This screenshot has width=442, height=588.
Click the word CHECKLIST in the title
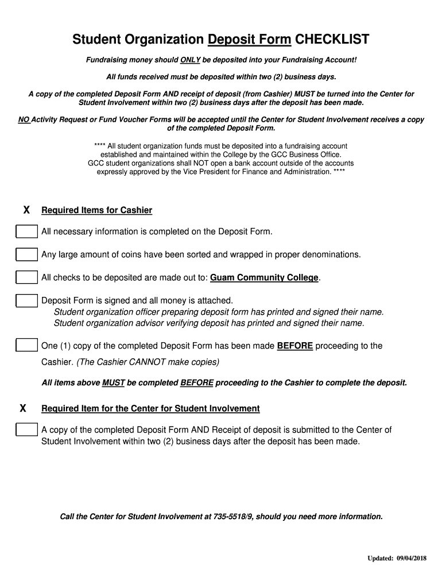332,40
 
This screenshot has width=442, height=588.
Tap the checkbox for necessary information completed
26,231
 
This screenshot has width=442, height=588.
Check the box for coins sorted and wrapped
26,254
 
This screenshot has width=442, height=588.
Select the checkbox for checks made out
26,277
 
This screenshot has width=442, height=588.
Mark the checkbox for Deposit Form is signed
26,300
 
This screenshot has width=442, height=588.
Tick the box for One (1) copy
26,346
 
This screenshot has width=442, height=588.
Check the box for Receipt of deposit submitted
26,430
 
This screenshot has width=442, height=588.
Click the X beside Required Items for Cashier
26,210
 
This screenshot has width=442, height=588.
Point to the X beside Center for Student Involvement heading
23,408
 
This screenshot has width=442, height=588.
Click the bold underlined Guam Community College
264,278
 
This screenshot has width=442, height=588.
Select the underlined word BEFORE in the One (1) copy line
295,346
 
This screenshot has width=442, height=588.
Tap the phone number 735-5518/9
229,517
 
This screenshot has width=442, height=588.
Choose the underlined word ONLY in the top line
190,60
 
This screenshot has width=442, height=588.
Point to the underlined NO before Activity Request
24,119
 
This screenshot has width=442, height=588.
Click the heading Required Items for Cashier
96,210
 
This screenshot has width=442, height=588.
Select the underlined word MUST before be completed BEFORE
113,382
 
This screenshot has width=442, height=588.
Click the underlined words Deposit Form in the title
249,40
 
